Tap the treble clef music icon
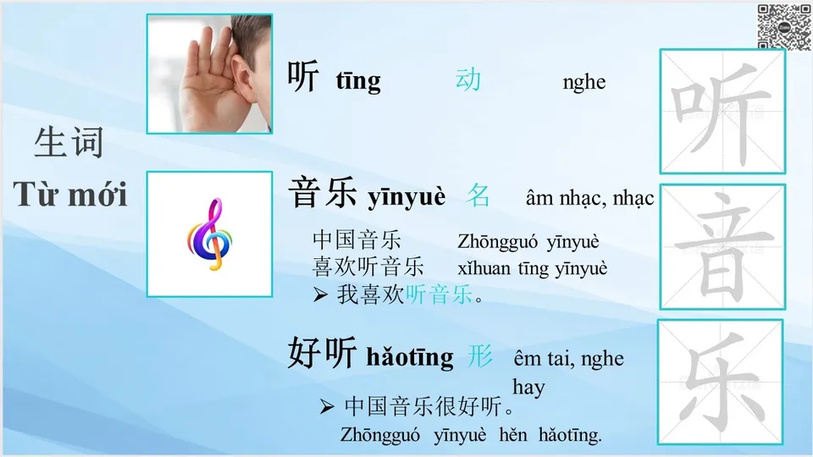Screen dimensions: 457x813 pyautogui.click(x=209, y=234)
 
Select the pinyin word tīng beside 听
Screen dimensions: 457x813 pyautogui.click(x=358, y=81)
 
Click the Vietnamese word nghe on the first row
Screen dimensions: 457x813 pyautogui.click(x=583, y=82)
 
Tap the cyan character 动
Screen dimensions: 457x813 pyautogui.click(x=468, y=80)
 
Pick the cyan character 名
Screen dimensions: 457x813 pyautogui.click(x=478, y=196)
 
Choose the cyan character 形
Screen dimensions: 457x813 pyautogui.click(x=480, y=356)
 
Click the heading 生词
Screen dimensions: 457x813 pyautogui.click(x=69, y=142)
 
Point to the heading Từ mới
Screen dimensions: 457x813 pyautogui.click(x=70, y=195)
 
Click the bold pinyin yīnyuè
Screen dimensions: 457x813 pyautogui.click(x=406, y=198)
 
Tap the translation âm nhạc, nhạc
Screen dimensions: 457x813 pyautogui.click(x=589, y=199)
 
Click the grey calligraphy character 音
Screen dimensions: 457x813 pyautogui.click(x=722, y=246)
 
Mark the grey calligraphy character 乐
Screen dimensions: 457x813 pyautogui.click(x=722, y=382)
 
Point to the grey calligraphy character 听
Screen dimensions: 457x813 pyautogui.click(x=722, y=110)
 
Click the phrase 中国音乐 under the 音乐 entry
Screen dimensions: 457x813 pyautogui.click(x=357, y=240)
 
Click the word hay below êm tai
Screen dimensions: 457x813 pyautogui.click(x=528, y=388)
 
